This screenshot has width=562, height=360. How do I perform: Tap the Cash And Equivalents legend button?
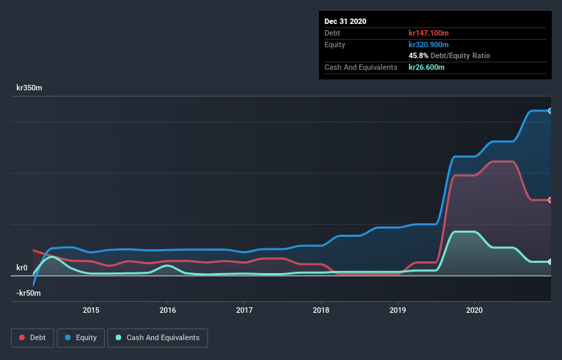157,337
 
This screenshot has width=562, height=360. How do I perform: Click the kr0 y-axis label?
22,268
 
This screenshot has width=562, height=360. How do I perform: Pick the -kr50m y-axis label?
29,293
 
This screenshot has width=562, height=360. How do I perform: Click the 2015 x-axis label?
91,309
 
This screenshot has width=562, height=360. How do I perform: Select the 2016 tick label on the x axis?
168,309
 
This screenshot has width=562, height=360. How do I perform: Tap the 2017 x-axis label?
244,309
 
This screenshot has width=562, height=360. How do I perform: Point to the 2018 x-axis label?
321,309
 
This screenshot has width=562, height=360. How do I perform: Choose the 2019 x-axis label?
398,309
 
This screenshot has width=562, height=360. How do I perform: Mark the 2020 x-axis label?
474,309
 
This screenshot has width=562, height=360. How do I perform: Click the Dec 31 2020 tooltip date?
346,21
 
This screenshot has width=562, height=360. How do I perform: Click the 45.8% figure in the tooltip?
418,55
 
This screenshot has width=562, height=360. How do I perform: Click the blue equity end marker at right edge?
550,111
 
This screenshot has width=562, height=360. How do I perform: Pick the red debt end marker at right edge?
550,200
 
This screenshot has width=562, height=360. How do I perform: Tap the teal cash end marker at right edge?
550,262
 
